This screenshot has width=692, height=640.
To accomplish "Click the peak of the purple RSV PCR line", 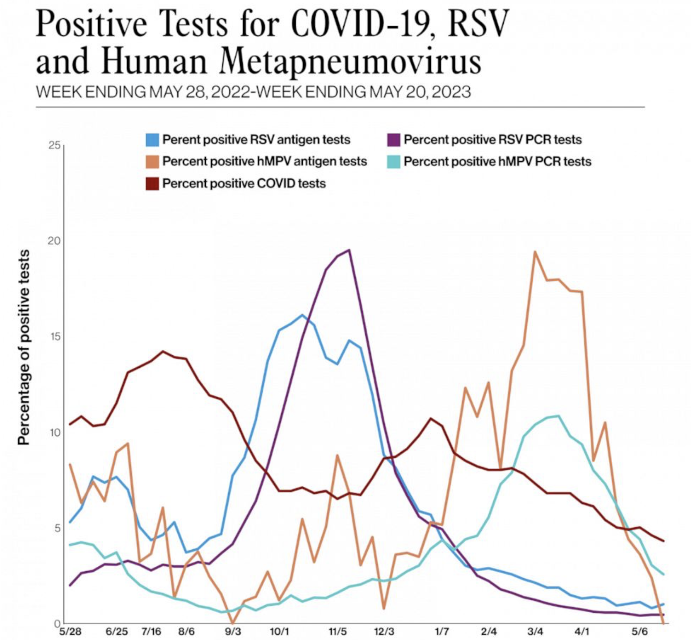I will click(x=349, y=250).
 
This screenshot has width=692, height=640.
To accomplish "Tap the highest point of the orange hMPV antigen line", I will click(x=535, y=252).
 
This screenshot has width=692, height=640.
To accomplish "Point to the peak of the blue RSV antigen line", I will click(x=302, y=315).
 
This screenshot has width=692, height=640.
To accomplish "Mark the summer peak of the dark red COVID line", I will click(x=163, y=351).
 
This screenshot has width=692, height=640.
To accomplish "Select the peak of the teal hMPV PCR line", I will click(x=559, y=416).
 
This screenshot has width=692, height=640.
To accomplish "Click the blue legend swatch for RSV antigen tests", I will click(x=152, y=140).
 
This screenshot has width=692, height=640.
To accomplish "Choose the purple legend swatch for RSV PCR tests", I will click(x=394, y=140).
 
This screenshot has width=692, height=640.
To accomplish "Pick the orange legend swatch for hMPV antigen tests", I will click(x=152, y=162).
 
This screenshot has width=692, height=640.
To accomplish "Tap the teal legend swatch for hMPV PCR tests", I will click(x=394, y=162).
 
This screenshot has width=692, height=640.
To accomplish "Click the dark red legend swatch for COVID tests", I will click(x=152, y=184).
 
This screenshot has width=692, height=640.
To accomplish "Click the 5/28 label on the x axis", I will click(x=70, y=632).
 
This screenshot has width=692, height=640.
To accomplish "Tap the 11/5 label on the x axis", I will click(x=338, y=632).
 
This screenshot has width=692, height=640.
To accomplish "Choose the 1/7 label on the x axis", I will click(x=442, y=632).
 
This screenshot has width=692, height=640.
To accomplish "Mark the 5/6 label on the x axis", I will click(x=639, y=632).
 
